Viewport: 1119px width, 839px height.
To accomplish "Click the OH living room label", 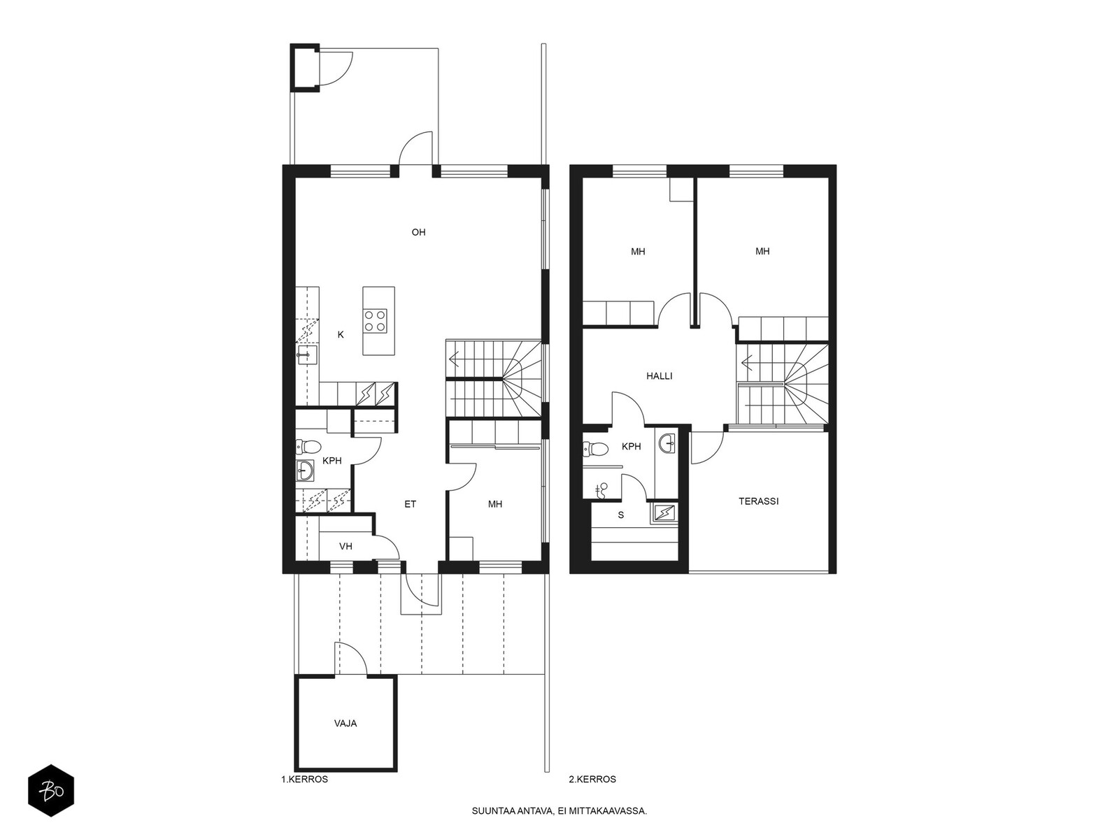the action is [x=418, y=232].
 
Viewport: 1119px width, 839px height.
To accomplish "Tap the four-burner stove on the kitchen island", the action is [x=375, y=321].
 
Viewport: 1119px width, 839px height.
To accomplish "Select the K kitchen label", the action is [x=341, y=335].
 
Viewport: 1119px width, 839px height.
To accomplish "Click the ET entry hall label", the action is [x=410, y=504].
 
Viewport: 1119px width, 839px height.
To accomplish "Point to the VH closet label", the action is [x=345, y=547].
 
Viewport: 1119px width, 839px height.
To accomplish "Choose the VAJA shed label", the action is [x=345, y=724].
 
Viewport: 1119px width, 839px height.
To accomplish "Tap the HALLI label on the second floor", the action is [x=660, y=376].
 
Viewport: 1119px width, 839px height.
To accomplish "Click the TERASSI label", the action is [x=759, y=501].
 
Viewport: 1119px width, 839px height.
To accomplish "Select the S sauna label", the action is [x=621, y=515].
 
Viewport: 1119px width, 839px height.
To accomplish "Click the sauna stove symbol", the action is [x=664, y=512].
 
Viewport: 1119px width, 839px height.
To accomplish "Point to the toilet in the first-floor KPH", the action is [x=308, y=447].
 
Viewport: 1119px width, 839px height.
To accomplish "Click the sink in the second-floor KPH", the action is [x=667, y=443].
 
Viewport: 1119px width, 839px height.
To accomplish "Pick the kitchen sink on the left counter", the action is [x=306, y=355].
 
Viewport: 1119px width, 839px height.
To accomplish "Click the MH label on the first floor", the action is [x=495, y=504].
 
